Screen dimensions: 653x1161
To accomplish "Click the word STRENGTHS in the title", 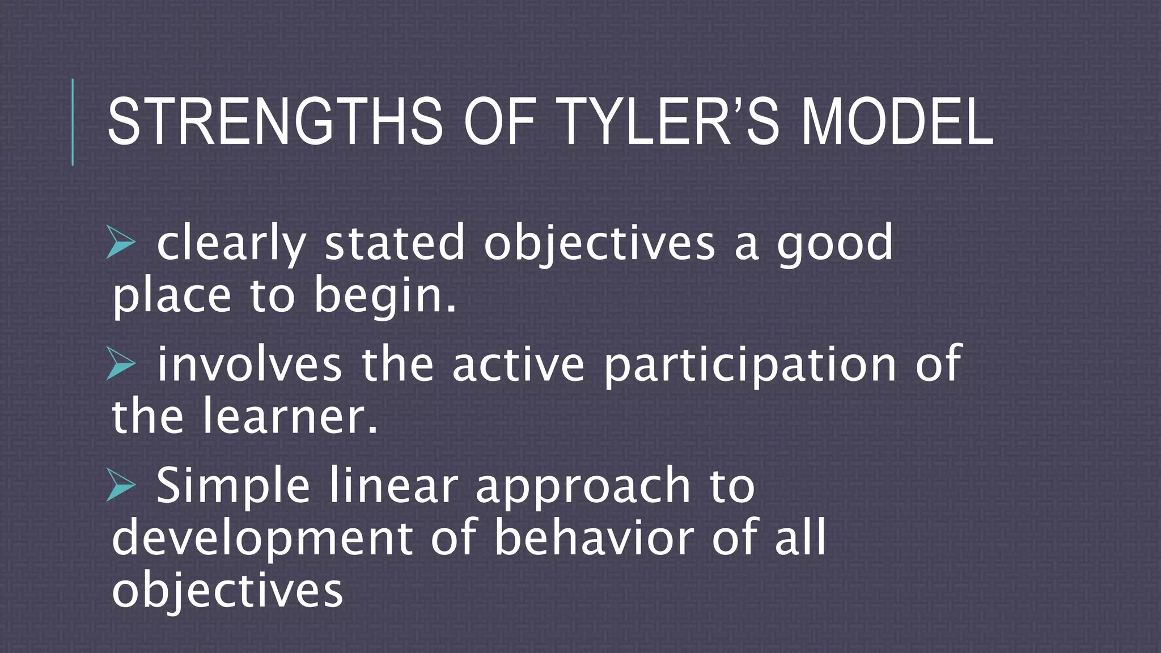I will tap(274, 122).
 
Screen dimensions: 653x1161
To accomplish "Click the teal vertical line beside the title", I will tap(73, 122).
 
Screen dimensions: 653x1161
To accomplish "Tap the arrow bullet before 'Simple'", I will tap(121, 486).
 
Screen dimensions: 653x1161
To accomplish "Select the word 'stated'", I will tap(394, 243).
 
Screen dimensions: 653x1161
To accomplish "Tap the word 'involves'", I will tap(249, 364).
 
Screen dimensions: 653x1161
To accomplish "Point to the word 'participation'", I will tap(750, 364).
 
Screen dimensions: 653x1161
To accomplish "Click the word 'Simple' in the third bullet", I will tap(232, 486).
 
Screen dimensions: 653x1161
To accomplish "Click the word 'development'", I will tap(262, 538).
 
